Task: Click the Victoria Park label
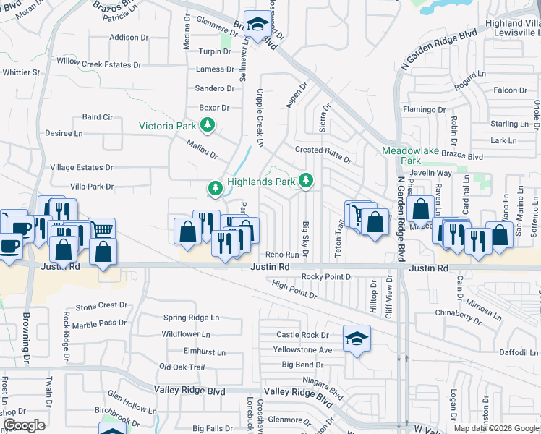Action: pos(168,126)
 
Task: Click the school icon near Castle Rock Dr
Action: pos(356,339)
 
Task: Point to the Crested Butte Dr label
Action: pos(323,150)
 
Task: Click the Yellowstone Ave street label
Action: pos(307,350)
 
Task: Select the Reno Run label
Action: pos(281,255)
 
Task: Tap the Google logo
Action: pos(23,425)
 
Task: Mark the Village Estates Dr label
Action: pos(82,167)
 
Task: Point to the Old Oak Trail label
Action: pos(182,367)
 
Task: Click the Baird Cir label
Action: pos(98,116)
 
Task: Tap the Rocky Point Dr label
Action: pos(327,277)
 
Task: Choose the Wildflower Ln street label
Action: pos(186,335)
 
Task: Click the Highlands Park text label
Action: pos(261,182)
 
